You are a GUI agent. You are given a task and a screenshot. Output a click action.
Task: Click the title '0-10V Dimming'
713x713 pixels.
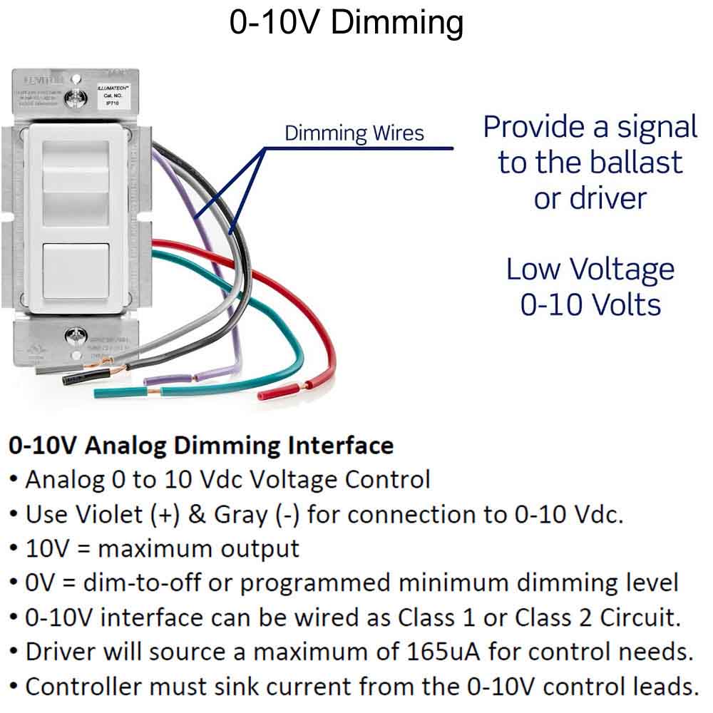click(347, 23)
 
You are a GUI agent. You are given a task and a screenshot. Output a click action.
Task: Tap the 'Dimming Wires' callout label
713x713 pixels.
click(354, 133)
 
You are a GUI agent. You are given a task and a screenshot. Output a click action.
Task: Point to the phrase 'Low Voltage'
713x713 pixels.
click(590, 270)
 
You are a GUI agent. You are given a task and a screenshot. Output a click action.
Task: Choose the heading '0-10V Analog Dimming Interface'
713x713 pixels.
click(201, 446)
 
